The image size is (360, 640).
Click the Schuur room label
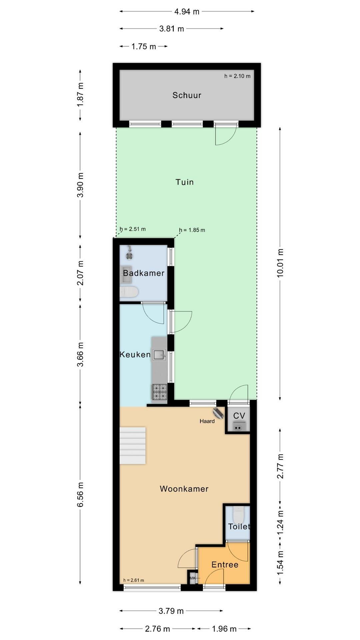pos(187,95)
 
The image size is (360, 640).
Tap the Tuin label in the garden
pos(185,182)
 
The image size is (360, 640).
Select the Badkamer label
pos(144,273)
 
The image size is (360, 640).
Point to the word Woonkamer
pos(184,489)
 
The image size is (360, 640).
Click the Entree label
pos(225,564)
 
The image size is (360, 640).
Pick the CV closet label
pos(239,416)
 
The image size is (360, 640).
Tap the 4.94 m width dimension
pos(187,12)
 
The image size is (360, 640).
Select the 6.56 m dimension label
pos(80,495)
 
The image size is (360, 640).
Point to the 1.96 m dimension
pos(224,629)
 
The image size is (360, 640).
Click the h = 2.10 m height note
pos(237,76)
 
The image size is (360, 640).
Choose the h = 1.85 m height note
pos(192,230)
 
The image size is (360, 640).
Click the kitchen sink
pos(160,354)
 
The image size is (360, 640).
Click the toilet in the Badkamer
pos(129,292)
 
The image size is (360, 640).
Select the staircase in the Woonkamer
pos(133,445)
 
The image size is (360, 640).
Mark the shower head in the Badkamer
pos(129,253)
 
